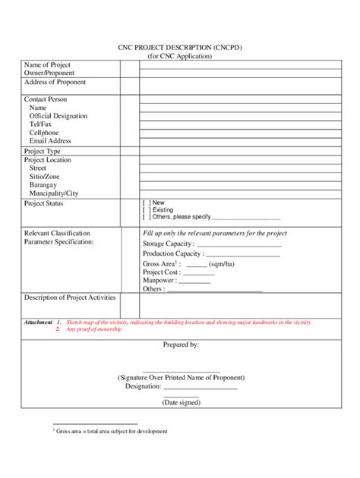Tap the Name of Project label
pyautogui.click(x=47, y=65)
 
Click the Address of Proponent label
pyautogui.click(x=55, y=82)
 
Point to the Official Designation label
pyautogui.click(x=58, y=116)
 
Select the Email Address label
pyautogui.click(x=50, y=140)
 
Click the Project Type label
pyautogui.click(x=43, y=151)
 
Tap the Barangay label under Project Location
pyautogui.click(x=43, y=184)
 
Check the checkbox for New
pyautogui.click(x=146, y=203)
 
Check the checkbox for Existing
pyautogui.click(x=146, y=210)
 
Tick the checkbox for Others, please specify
pyautogui.click(x=146, y=217)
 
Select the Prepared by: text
pyautogui.click(x=181, y=344)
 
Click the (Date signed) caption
pyautogui.click(x=181, y=402)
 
